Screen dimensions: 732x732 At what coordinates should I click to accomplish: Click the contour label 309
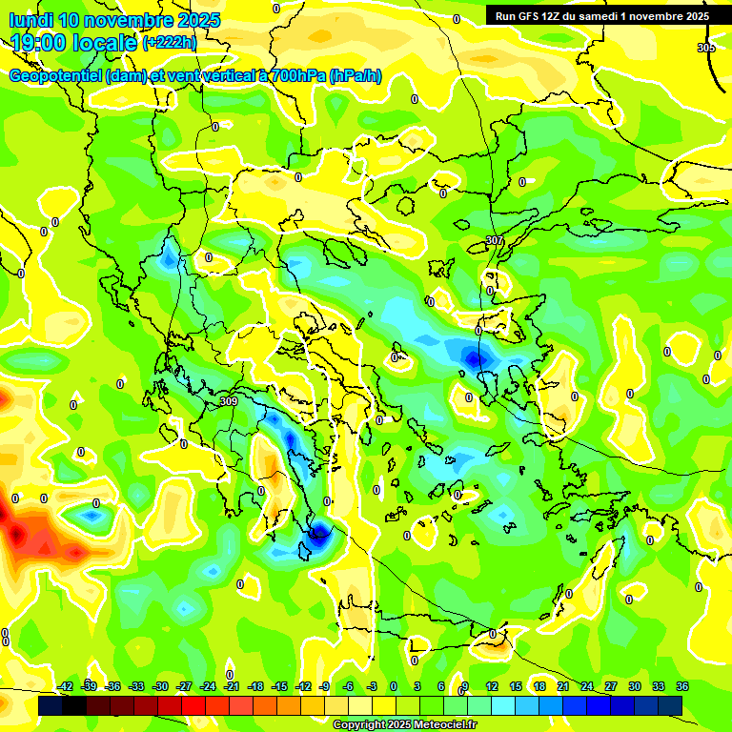coord(228,401)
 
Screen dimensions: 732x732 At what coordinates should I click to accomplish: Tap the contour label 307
coord(494,240)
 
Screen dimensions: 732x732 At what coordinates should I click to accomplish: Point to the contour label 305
coord(705,47)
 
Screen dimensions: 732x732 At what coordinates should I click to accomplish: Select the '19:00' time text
coord(38,43)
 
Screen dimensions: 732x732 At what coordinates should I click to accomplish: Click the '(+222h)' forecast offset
coord(170,43)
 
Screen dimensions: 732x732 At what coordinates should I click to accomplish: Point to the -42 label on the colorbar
coord(65,686)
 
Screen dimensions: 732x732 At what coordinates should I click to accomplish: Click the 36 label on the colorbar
coord(681,686)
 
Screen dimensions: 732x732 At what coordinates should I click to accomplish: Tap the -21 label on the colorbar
coord(232,686)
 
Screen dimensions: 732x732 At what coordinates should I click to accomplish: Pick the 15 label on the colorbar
coord(515,686)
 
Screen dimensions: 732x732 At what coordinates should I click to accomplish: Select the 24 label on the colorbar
coord(586,686)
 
